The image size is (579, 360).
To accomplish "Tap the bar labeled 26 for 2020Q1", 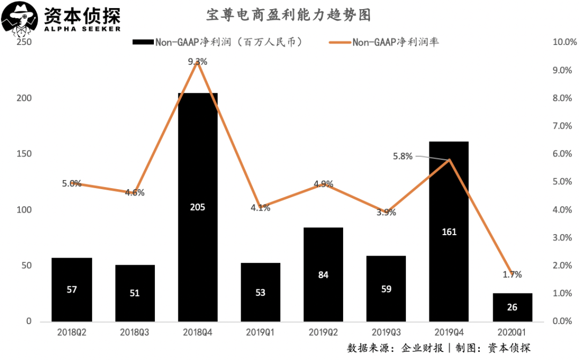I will (x=513, y=307).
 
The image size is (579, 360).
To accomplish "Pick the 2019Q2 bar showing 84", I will (x=323, y=274).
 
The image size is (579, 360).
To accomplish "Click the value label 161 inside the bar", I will (x=449, y=231).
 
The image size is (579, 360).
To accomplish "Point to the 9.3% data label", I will (x=197, y=62).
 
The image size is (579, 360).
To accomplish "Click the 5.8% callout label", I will (x=403, y=156).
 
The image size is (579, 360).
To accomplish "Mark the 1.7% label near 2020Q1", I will (x=513, y=274).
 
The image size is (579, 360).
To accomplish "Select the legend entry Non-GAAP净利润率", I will (x=396, y=42).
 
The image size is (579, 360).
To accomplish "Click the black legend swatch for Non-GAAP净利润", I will (x=143, y=42).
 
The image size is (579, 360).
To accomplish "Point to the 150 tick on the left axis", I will (x=24, y=154).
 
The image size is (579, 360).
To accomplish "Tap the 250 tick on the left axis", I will (x=24, y=42).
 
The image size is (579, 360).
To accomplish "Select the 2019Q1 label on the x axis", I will (x=260, y=332).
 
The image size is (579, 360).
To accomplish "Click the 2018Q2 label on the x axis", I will (x=72, y=332).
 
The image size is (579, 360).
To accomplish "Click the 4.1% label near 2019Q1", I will (x=260, y=208).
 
